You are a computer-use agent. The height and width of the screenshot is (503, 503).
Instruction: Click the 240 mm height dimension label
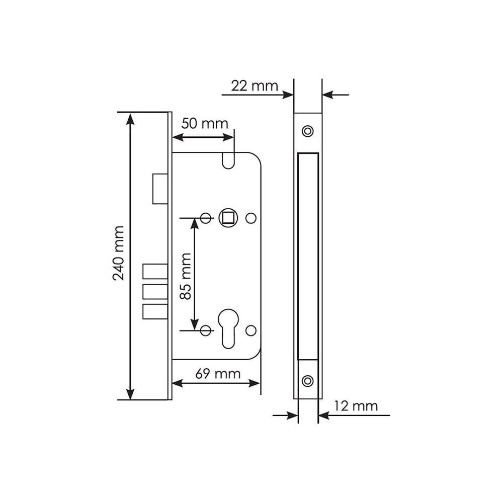118,253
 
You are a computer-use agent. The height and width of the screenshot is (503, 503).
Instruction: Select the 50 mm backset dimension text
205,124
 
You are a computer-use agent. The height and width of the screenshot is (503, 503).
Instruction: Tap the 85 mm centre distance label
186,276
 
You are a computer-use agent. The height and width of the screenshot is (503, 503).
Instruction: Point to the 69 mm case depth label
218,374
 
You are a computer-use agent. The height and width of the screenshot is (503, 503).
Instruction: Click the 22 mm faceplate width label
255,86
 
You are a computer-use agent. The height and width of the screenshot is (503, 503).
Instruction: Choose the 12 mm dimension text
356,406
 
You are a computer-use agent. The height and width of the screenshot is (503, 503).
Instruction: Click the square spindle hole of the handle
228,218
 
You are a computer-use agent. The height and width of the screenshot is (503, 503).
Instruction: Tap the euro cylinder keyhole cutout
228,328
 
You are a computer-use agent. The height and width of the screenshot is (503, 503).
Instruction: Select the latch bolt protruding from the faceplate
160,189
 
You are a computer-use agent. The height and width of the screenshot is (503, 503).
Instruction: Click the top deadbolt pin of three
155,272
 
